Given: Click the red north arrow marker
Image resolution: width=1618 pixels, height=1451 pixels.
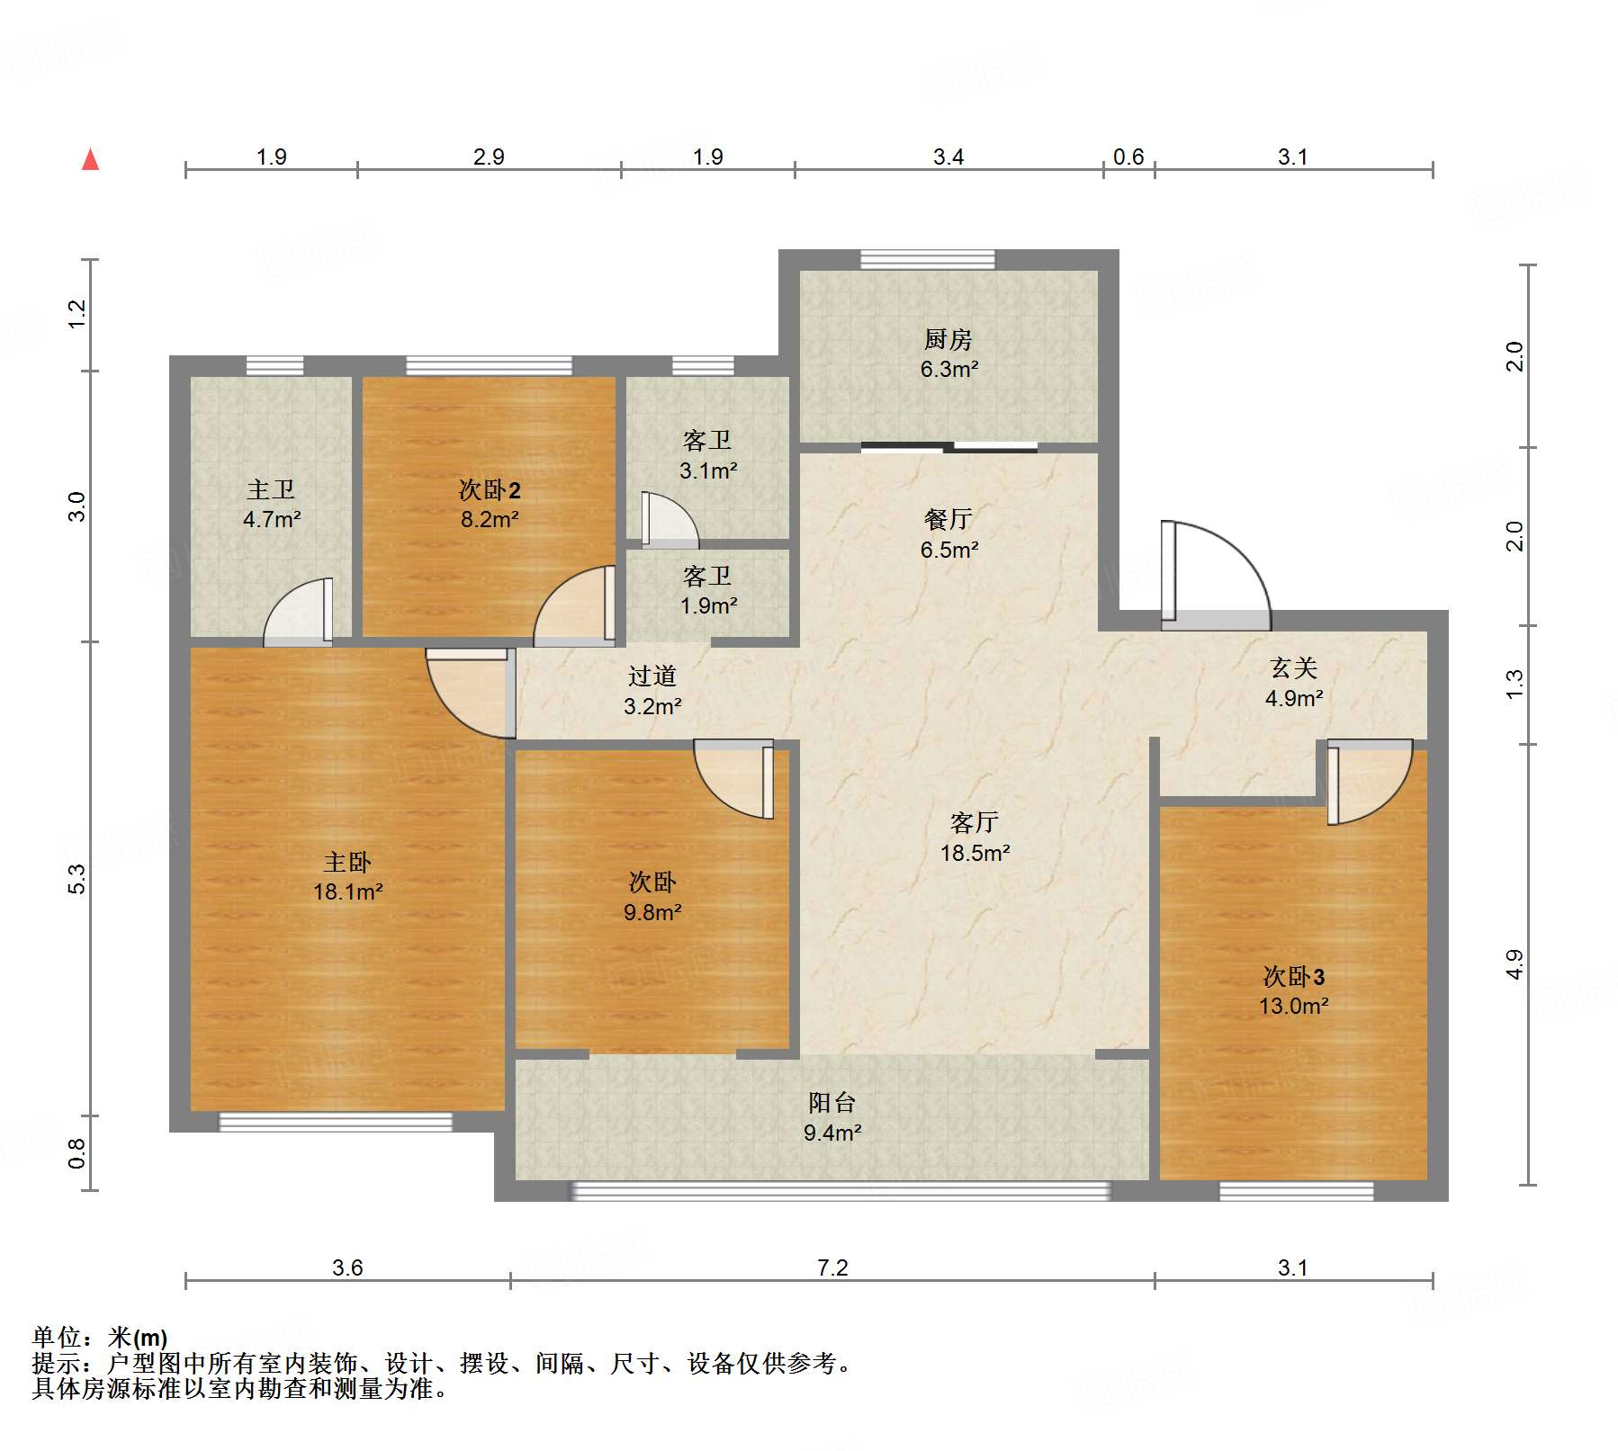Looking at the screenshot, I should (x=90, y=159).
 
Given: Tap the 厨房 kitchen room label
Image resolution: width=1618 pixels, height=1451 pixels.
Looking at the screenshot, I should (x=948, y=339).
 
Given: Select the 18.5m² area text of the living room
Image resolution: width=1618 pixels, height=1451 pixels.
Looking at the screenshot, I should (x=975, y=853).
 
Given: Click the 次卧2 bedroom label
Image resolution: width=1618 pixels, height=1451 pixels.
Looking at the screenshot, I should (x=490, y=490).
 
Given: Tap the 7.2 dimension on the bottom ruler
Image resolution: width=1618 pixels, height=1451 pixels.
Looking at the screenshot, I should (x=832, y=1267).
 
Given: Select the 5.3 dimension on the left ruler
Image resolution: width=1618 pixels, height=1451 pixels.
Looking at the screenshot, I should (x=77, y=879).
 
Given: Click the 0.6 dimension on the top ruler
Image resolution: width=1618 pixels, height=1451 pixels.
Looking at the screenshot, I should (x=1128, y=157).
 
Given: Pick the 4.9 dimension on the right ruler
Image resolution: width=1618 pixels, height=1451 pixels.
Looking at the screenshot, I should (x=1515, y=964).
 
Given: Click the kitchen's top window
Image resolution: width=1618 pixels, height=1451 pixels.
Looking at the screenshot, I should (x=928, y=260).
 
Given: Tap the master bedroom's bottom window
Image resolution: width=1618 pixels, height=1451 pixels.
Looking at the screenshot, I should (x=336, y=1122).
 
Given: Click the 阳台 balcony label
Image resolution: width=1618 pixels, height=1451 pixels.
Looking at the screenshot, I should (x=831, y=1102).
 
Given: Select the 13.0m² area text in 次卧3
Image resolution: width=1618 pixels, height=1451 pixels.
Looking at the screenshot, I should (x=1293, y=1006).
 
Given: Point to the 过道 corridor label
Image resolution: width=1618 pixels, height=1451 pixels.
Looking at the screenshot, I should (x=652, y=676).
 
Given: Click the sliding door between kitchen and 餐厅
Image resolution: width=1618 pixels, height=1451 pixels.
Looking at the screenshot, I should (x=949, y=447).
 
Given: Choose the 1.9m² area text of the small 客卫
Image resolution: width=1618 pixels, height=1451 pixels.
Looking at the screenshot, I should (x=708, y=605).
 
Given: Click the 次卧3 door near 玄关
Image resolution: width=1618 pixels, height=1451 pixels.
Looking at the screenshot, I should (x=1367, y=781).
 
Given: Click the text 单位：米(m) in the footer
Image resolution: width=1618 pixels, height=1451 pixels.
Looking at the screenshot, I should (x=100, y=1338).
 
